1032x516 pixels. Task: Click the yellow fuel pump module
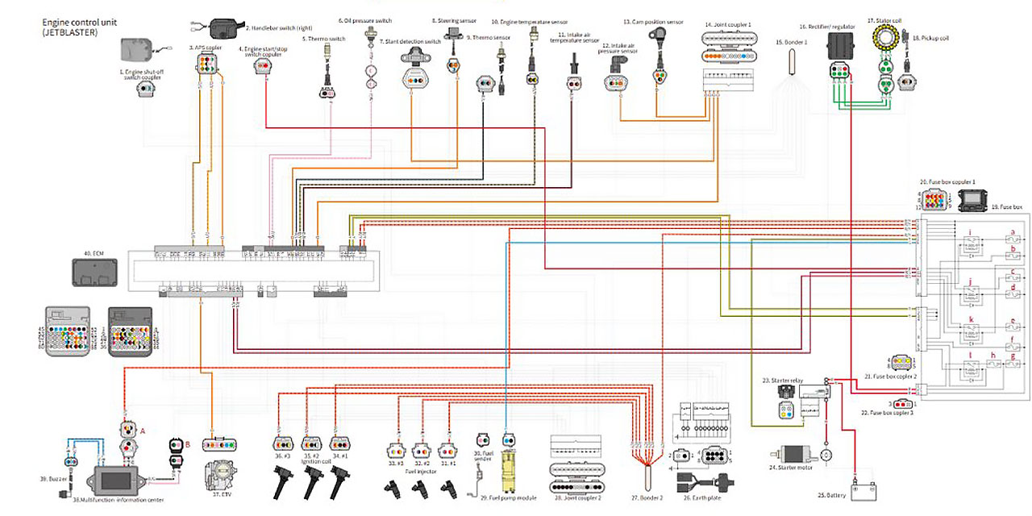pos(510,473)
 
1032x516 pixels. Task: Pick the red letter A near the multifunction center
pos(143,431)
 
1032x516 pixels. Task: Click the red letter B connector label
pos(187,443)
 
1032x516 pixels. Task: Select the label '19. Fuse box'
pos(1006,207)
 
